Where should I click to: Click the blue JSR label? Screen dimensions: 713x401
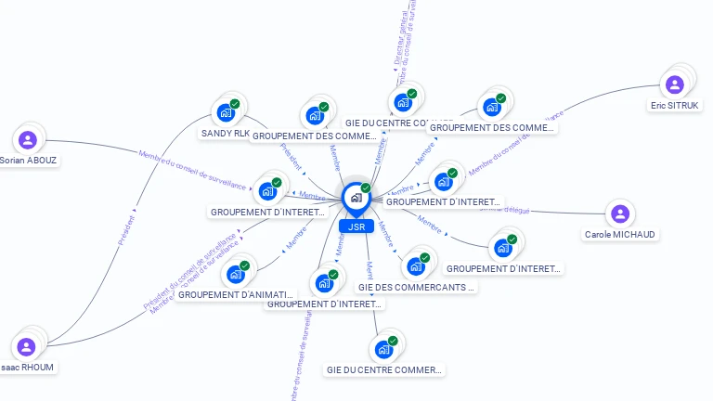pos(356,226)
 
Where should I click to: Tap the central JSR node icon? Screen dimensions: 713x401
pos(356,198)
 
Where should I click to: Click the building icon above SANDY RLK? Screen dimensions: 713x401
pos(225,112)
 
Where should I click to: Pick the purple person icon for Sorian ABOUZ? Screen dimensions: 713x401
pos(28,140)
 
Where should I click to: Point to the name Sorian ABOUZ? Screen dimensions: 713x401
pos(29,160)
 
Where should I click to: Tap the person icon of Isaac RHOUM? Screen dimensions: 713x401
pos(27,347)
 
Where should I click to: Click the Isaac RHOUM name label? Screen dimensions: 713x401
pos(28,367)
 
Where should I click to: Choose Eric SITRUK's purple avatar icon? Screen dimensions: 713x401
pos(675,85)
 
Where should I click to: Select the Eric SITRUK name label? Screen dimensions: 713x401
pos(675,105)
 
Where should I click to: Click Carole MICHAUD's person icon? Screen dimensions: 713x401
pos(620,214)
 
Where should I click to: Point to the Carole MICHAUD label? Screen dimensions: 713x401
pos(621,234)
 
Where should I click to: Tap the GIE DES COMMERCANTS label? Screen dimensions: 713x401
pos(416,287)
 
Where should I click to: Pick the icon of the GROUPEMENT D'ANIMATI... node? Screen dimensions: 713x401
pos(236,274)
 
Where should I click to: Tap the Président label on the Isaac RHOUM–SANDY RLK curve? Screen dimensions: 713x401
pos(127,231)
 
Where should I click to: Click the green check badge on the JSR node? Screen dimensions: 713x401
pos(366,188)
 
